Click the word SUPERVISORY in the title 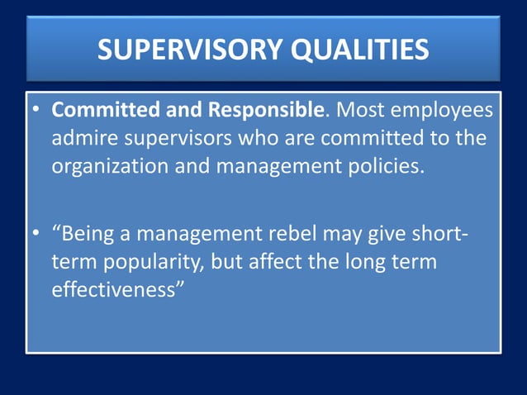tap(188, 50)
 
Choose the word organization tap(111, 166)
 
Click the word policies tap(385, 165)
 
